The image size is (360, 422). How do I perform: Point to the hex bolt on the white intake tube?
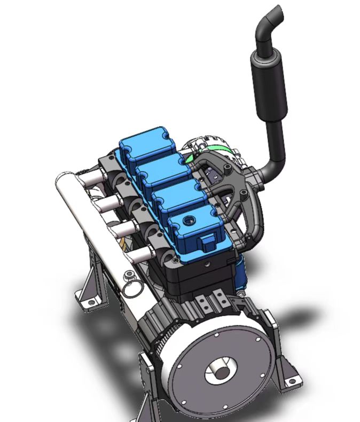(129, 276)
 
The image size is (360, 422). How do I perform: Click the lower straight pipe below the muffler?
(276, 142)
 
